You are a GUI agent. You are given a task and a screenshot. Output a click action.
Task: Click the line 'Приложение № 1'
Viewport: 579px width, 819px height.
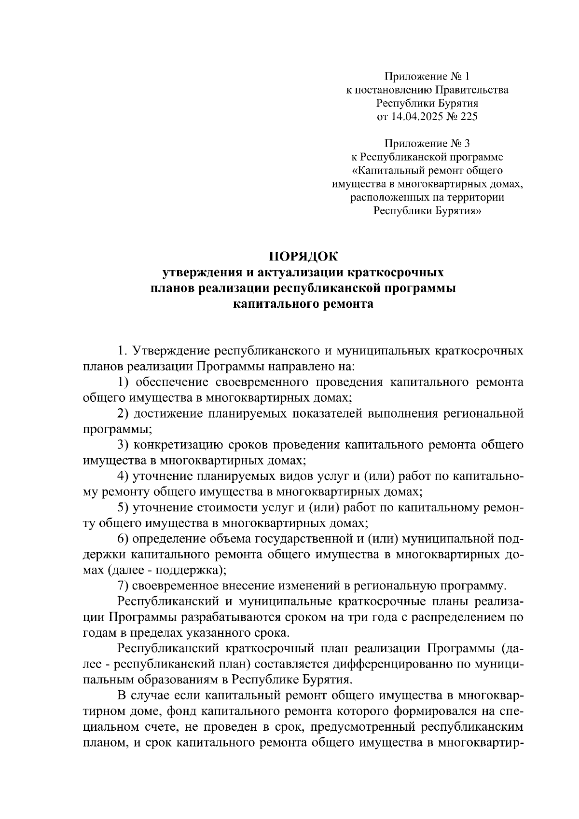point(427,76)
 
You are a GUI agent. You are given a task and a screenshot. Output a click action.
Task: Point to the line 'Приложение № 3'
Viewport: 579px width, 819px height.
point(427,143)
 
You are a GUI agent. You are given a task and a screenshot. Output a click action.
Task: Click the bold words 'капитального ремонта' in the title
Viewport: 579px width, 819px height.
point(303,304)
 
